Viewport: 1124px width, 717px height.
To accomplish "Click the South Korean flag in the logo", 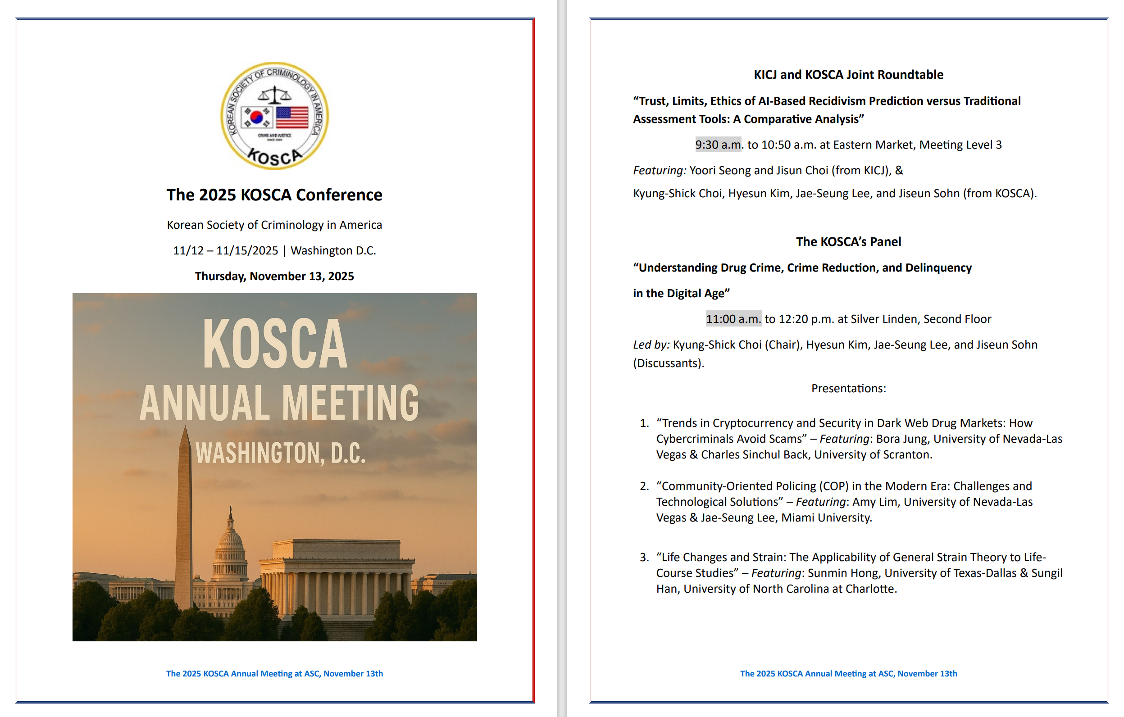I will (x=256, y=117).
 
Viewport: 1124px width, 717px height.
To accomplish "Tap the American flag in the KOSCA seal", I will (x=292, y=117).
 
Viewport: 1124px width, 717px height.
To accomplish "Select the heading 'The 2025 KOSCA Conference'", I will (x=274, y=195).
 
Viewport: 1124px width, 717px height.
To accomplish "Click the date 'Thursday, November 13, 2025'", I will (x=274, y=277).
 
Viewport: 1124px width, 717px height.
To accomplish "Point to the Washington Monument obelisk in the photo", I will (x=184, y=513).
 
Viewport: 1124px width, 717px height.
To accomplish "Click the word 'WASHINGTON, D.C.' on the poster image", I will (x=280, y=453).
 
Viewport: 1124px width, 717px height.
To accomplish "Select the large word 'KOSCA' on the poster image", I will (x=275, y=344).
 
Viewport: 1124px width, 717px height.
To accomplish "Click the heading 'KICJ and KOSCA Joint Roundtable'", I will (x=848, y=75).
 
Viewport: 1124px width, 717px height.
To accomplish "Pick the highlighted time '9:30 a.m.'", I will (x=718, y=145).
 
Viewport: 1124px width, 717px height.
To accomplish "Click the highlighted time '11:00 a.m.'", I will (x=733, y=319).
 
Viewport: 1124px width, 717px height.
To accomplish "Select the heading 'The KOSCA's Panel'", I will (x=848, y=242).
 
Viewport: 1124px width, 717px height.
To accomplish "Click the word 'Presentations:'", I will (x=848, y=388).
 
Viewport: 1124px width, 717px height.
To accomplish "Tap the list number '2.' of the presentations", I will (x=644, y=486).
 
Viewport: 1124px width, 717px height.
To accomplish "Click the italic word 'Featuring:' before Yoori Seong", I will (x=660, y=170).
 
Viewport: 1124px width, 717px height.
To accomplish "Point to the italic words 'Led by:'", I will (x=651, y=345).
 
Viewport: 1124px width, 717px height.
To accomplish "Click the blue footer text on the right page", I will (x=848, y=674).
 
